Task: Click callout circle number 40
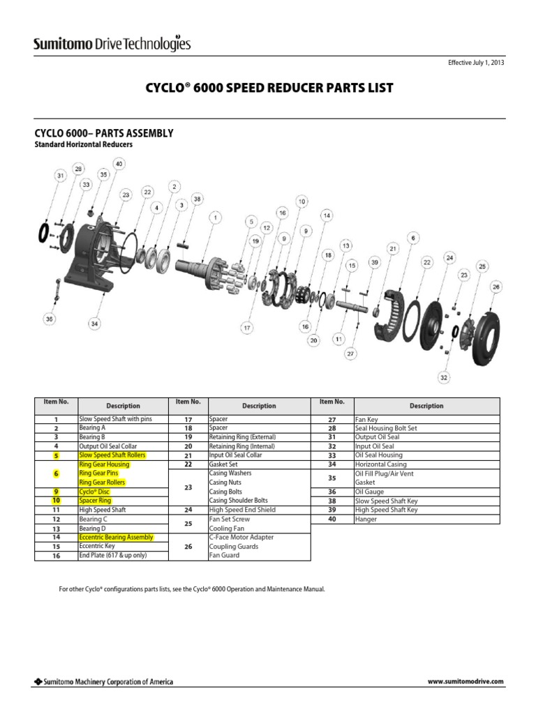point(119,164)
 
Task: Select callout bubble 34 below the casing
point(94,324)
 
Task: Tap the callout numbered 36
point(49,319)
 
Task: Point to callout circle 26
point(496,286)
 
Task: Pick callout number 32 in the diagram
point(445,378)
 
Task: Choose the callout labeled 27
point(350,354)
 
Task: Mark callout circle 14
point(327,215)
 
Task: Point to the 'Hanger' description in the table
point(366,519)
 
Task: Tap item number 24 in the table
point(187,510)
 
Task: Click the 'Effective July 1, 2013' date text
point(475,63)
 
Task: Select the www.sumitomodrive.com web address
point(465,681)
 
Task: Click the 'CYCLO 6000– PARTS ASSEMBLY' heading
point(104,133)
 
